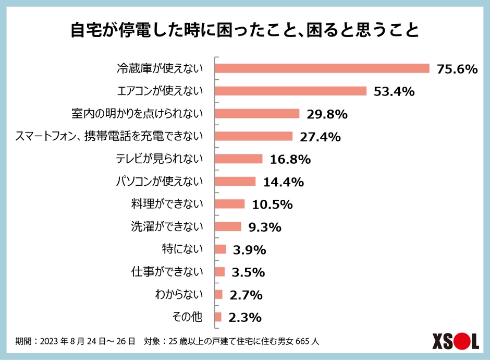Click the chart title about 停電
click(x=244, y=30)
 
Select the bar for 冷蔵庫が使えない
click(x=322, y=68)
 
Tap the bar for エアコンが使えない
click(x=291, y=91)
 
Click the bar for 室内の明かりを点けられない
click(x=258, y=114)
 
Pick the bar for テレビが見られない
click(x=239, y=159)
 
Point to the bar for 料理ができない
click(x=230, y=204)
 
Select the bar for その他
click(x=218, y=317)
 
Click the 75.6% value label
click(x=457, y=69)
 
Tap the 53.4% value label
click(x=394, y=92)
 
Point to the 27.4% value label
click(x=320, y=137)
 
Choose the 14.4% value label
click(x=283, y=182)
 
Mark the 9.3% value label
click(x=265, y=227)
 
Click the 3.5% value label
click(x=249, y=272)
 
